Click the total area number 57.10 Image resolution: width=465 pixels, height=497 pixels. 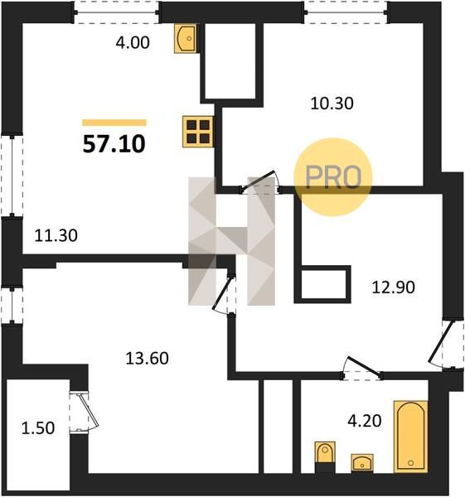(114, 144)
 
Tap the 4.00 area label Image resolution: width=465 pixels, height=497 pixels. (133, 42)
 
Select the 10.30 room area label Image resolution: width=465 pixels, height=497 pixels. (332, 104)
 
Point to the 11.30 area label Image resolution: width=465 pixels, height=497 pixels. (56, 236)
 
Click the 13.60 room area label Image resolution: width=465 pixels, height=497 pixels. (148, 359)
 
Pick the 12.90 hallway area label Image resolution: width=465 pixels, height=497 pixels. (394, 287)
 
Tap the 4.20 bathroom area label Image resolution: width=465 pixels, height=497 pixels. (365, 422)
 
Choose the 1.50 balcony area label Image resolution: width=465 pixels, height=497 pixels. (38, 428)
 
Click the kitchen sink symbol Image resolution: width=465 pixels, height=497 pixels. (186, 38)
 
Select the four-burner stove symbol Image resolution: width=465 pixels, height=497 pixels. (198, 132)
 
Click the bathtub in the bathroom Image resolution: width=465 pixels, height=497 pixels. (411, 437)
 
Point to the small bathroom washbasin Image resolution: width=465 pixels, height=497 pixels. (362, 463)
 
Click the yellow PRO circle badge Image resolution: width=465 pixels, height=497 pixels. (332, 177)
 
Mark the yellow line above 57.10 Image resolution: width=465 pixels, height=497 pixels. (114, 123)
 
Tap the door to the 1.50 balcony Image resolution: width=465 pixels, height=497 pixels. (84, 411)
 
